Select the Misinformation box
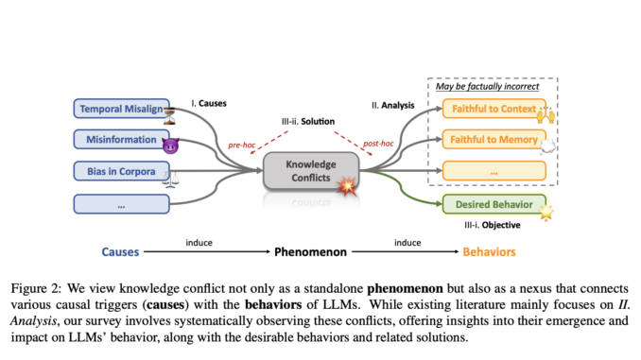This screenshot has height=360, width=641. coord(118,140)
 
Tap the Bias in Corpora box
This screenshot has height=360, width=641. coord(118,171)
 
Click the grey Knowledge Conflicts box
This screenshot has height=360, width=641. coord(311,170)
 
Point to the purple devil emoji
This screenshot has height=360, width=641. coord(171,146)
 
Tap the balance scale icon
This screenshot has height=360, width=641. coord(171,179)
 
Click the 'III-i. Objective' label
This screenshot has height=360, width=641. coord(491,228)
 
